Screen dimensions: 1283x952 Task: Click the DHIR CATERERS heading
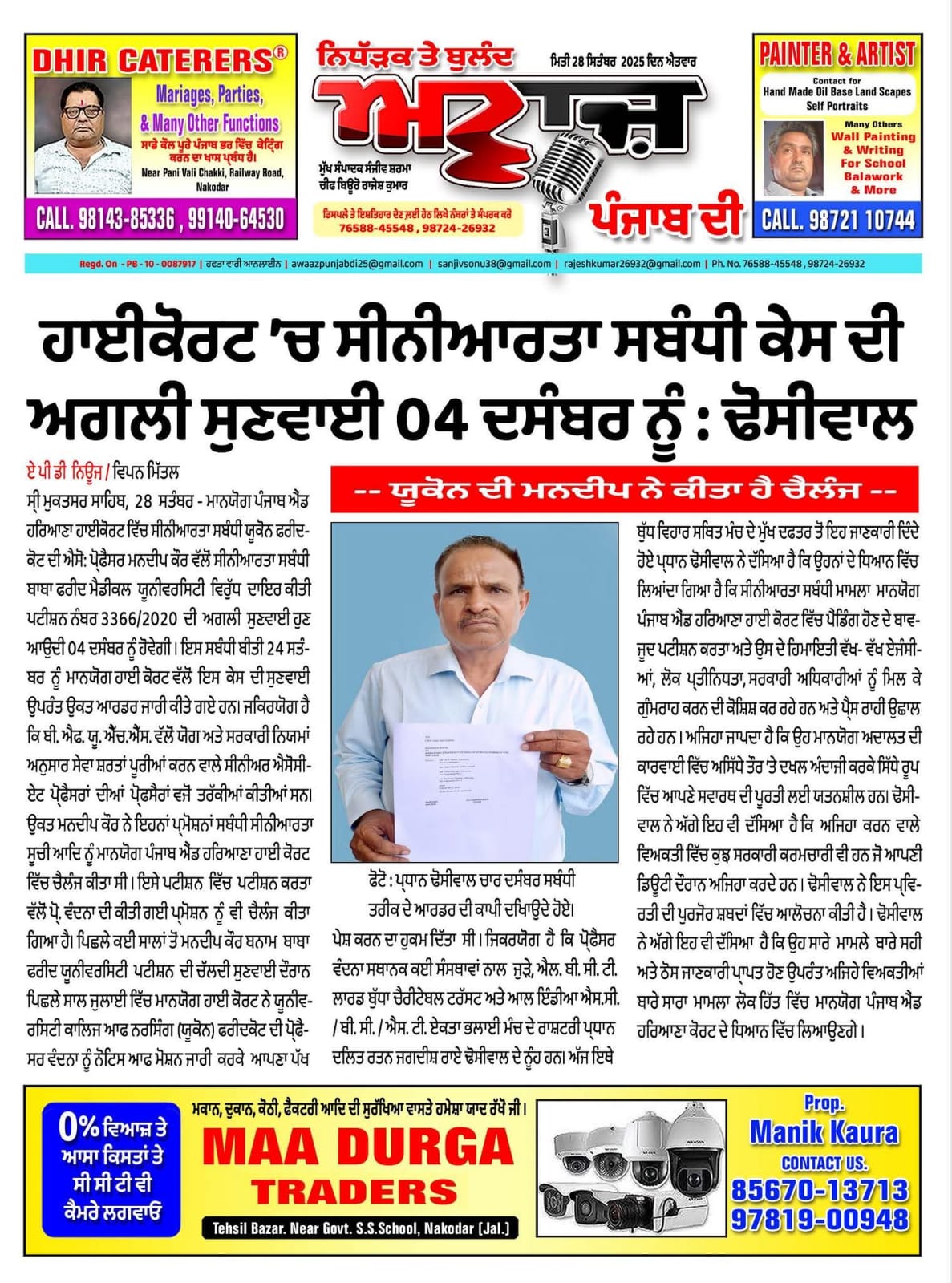pyautogui.click(x=152, y=61)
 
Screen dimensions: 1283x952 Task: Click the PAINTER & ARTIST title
pyautogui.click(x=837, y=55)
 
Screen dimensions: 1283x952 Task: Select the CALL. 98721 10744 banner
pyautogui.click(x=837, y=220)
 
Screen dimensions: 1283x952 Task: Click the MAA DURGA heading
pyautogui.click(x=358, y=1147)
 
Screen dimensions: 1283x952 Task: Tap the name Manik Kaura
pyautogui.click(x=824, y=1132)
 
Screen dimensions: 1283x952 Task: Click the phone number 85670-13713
pyautogui.click(x=820, y=1190)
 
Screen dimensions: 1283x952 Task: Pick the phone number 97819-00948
pyautogui.click(x=820, y=1220)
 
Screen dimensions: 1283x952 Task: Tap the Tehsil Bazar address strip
pyautogui.click(x=360, y=1228)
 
